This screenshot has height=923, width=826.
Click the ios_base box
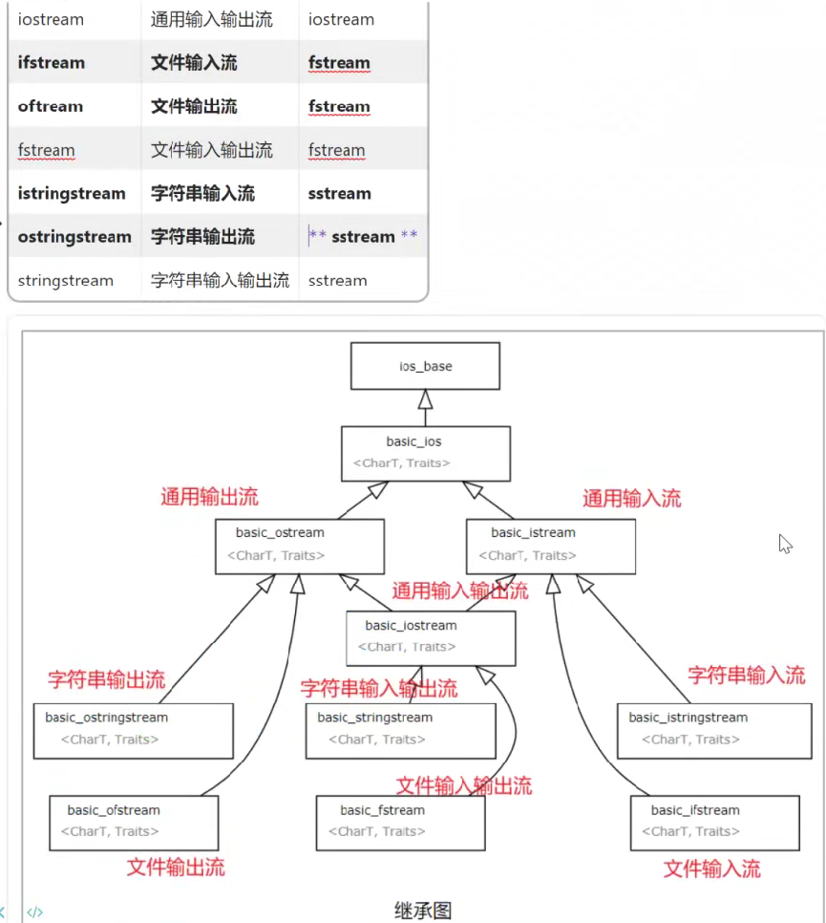pyautogui.click(x=425, y=366)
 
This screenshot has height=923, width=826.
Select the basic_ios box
pyautogui.click(x=425, y=452)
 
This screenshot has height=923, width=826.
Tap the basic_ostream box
pyautogui.click(x=301, y=546)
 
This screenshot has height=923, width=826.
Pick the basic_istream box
pyautogui.click(x=550, y=546)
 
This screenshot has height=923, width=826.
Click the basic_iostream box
pyautogui.click(x=431, y=637)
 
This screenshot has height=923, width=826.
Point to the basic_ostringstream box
pyautogui.click(x=133, y=730)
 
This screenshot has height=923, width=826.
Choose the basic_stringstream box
pyautogui.click(x=400, y=730)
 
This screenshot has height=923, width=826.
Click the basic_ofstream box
pyautogui.click(x=134, y=822)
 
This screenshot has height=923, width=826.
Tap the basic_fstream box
pyautogui.click(x=400, y=822)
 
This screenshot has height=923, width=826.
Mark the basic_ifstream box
pyautogui.click(x=714, y=822)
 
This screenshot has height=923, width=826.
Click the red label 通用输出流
pyautogui.click(x=209, y=497)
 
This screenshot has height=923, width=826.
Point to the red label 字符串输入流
pyautogui.click(x=746, y=675)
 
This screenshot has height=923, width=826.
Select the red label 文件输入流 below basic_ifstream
pyautogui.click(x=712, y=869)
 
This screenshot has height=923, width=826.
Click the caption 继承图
pyautogui.click(x=422, y=910)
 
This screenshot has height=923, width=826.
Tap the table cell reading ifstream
pyautogui.click(x=52, y=63)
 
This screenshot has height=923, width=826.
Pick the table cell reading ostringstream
pyautogui.click(x=74, y=237)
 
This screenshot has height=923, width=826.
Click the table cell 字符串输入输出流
pyautogui.click(x=220, y=281)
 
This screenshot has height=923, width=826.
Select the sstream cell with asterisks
pyautogui.click(x=363, y=237)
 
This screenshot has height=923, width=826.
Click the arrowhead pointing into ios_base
pyautogui.click(x=425, y=398)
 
